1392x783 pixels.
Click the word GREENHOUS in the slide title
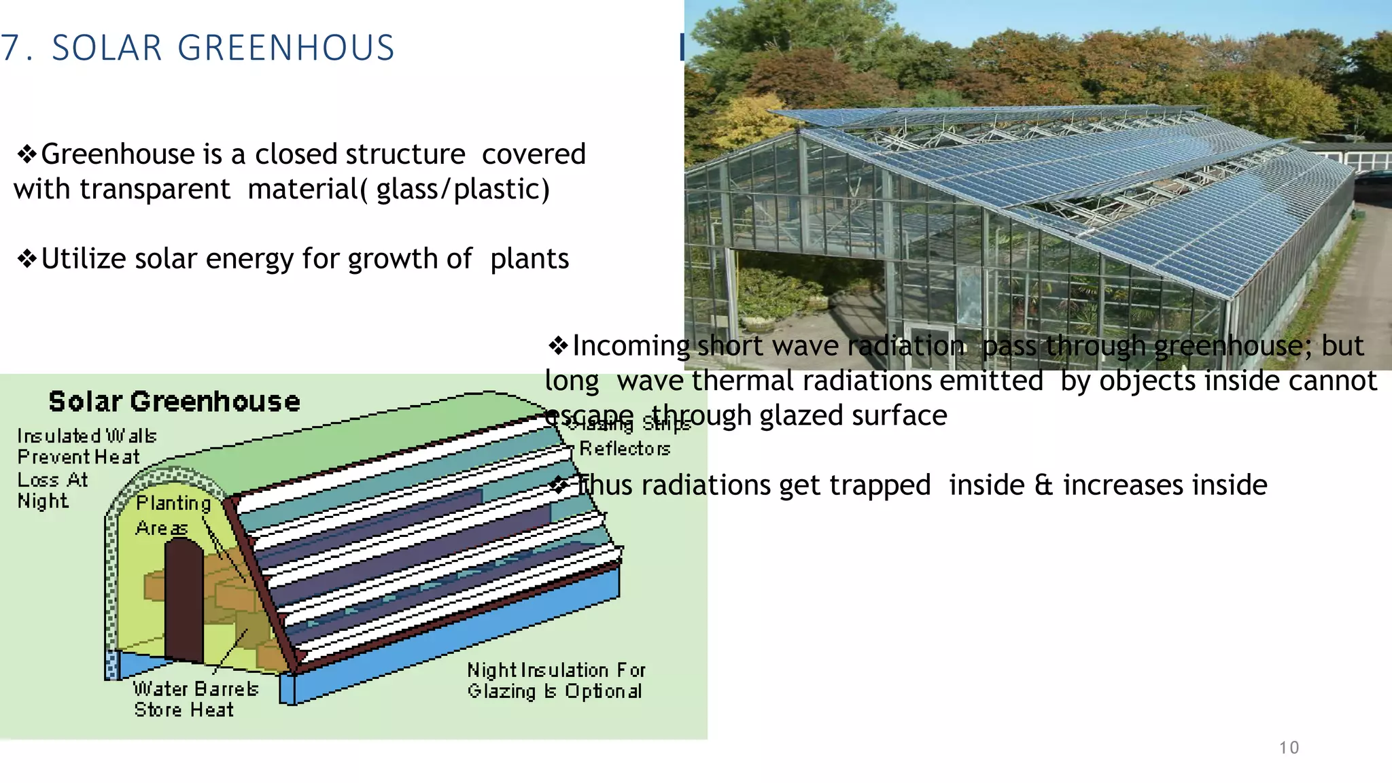point(285,48)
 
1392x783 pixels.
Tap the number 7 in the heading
point(10,48)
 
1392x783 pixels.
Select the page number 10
point(1289,748)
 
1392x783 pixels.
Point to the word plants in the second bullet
point(529,259)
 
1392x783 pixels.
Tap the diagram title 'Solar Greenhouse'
point(174,402)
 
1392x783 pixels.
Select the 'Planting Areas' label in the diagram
point(173,515)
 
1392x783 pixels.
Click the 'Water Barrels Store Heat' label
point(195,699)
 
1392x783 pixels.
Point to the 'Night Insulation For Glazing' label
point(555,680)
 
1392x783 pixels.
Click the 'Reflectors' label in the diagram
point(624,449)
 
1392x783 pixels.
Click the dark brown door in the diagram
point(184,598)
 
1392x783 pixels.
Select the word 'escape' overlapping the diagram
point(589,415)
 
